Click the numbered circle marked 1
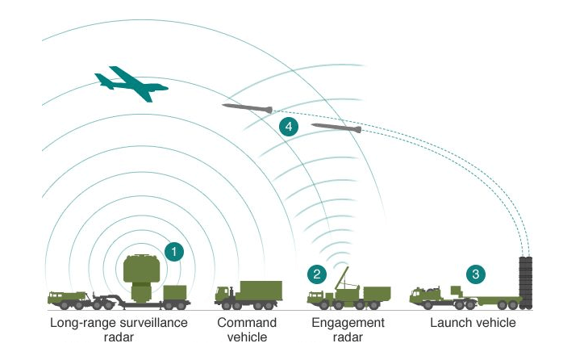[x=173, y=251]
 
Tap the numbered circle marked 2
[x=317, y=274]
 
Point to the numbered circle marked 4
[x=287, y=126]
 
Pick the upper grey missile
[x=248, y=107]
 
